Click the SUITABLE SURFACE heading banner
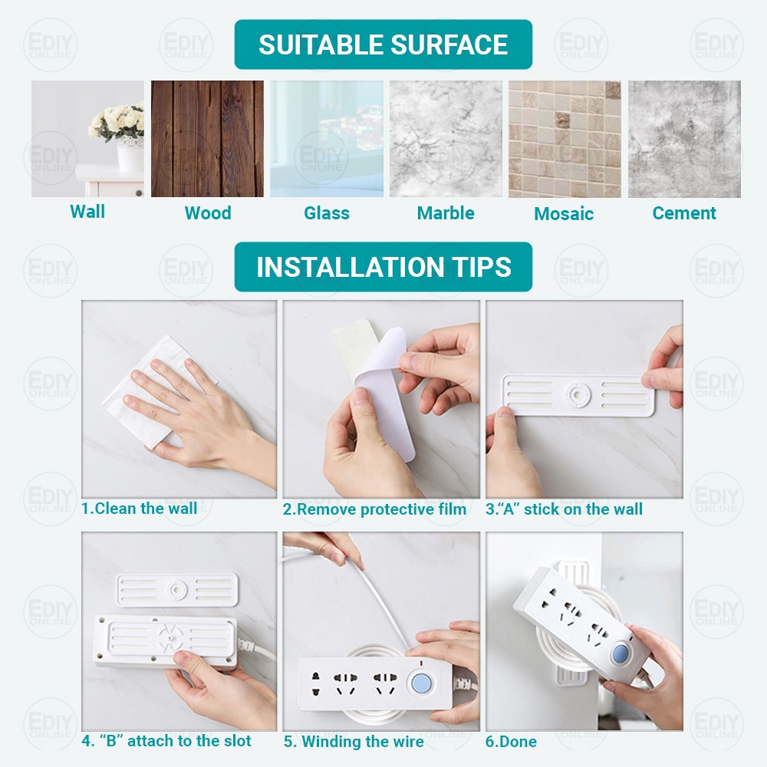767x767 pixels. [383, 44]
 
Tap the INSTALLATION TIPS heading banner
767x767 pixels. [383, 267]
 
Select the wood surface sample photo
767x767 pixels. [207, 139]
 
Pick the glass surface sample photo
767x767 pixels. [326, 139]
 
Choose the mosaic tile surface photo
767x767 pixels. [565, 139]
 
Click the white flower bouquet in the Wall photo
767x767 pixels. [117, 121]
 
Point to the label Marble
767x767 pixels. [446, 213]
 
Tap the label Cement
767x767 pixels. [684, 213]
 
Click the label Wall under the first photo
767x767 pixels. [87, 212]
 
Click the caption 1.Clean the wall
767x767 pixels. [140, 509]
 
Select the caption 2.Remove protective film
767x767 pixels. [374, 510]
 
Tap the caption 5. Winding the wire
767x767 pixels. [354, 742]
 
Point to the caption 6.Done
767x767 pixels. [511, 742]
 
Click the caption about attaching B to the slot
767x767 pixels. [166, 741]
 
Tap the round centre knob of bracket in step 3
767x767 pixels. [578, 394]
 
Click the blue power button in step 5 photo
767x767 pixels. [421, 683]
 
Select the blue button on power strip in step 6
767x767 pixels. [621, 654]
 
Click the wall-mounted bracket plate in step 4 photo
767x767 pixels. [177, 591]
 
